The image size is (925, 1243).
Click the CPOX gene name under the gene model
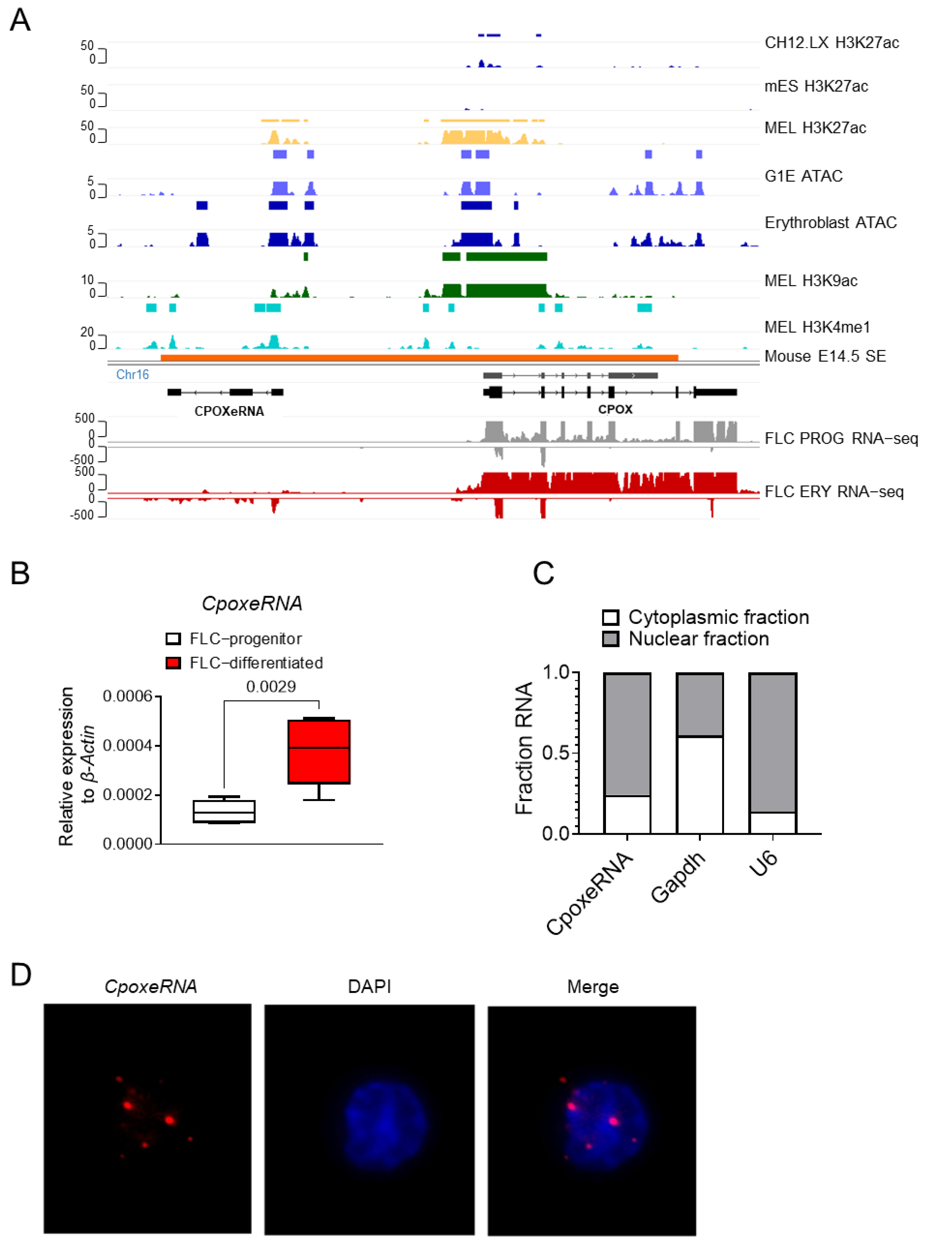pos(615,409)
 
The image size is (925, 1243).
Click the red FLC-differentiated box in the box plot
pos(319,751)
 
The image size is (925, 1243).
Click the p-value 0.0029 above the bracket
pos(271,686)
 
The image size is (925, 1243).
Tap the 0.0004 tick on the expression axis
pos(127,745)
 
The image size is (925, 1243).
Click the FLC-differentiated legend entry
pos(256,662)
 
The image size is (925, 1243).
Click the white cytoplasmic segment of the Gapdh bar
pos(699,784)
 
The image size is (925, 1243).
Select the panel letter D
pos(21,975)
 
